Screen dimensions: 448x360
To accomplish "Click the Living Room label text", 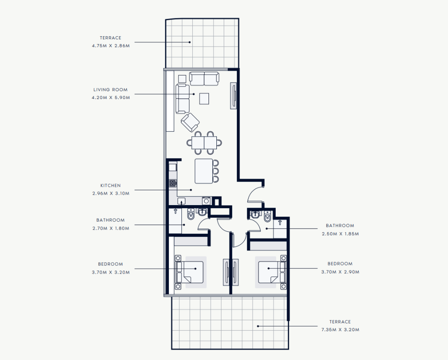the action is pos(110,90).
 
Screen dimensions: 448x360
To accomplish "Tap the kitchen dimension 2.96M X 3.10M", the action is pos(111,193).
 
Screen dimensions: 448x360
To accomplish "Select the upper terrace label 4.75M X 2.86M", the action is pos(111,46).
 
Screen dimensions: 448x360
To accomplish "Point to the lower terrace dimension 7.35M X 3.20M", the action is pos(340,330).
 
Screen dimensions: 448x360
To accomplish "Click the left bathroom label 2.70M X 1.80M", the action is pos(111,228).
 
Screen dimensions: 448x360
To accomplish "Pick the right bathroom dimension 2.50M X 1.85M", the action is pos(340,234).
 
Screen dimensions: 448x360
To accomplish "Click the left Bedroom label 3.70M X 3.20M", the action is pos(111,272).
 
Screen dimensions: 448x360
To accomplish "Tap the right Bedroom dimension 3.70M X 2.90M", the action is pos(340,272).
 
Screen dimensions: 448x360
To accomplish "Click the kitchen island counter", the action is pos(204,171).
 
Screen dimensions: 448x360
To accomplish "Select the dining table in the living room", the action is pos(204,143).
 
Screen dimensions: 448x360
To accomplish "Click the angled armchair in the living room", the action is pos(190,122).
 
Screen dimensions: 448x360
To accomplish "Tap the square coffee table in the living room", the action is pos(204,99).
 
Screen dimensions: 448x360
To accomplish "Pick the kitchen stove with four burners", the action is pos(173,183).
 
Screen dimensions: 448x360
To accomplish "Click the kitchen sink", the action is pos(181,201).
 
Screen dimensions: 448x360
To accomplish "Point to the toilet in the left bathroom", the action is pos(191,215).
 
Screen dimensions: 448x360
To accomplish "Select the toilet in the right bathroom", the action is pos(267,217).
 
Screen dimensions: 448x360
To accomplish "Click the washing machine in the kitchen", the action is pos(206,201).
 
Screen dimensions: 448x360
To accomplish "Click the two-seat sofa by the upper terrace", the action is pos(204,79).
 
